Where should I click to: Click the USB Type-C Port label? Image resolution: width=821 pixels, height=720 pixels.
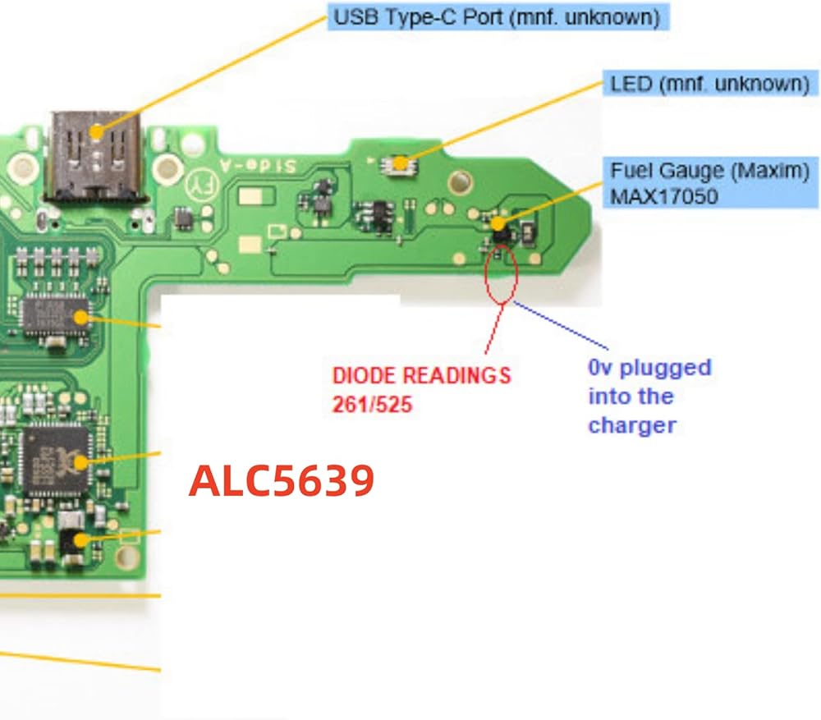point(498,16)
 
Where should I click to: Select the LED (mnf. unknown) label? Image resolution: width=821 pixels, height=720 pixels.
point(710,84)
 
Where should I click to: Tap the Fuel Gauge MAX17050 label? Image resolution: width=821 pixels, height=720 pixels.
point(710,183)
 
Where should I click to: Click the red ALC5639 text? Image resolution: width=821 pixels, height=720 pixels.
point(282,481)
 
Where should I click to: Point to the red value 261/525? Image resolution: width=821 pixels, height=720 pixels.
point(372,405)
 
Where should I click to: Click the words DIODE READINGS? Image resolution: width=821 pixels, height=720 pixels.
point(421,375)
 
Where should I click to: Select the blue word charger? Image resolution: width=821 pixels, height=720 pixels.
point(632,426)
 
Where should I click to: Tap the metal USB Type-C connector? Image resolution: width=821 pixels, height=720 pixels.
point(95,156)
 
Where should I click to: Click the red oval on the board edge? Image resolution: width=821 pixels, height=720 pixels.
point(502,275)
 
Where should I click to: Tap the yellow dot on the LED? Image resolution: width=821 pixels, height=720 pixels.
point(401,164)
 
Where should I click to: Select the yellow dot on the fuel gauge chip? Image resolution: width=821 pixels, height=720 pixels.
point(498,223)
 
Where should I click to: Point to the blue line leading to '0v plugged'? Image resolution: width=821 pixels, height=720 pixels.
point(561,326)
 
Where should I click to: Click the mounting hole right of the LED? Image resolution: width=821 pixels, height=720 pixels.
point(460,181)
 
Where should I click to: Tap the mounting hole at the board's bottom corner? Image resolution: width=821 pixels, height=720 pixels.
point(126,557)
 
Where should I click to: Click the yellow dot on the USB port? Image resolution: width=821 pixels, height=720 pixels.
point(96,132)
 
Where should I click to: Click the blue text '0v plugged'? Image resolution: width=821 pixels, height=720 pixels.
point(649,368)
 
